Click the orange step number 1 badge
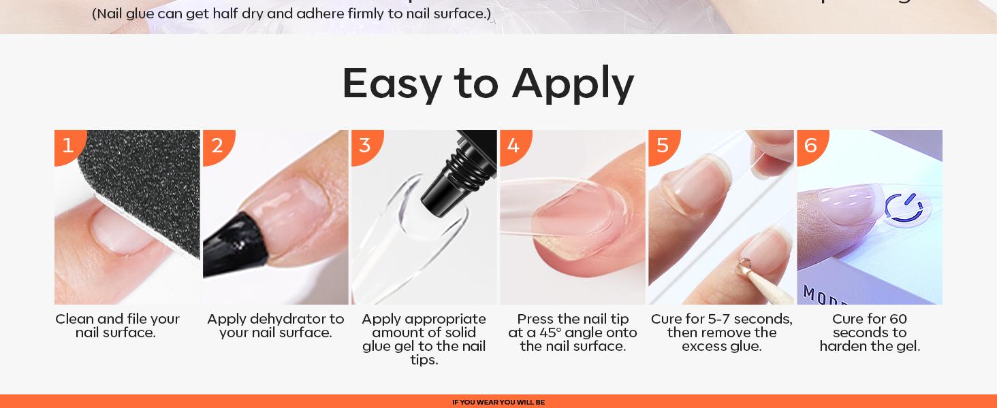click(67, 145)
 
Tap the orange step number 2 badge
click(217, 145)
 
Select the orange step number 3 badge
click(365, 145)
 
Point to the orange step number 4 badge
click(513, 145)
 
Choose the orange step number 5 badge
click(662, 145)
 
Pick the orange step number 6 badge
click(810, 145)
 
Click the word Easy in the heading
click(392, 84)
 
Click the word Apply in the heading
click(573, 84)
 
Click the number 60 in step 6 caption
click(898, 319)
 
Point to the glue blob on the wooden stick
click(745, 265)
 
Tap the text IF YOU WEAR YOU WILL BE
click(498, 403)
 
